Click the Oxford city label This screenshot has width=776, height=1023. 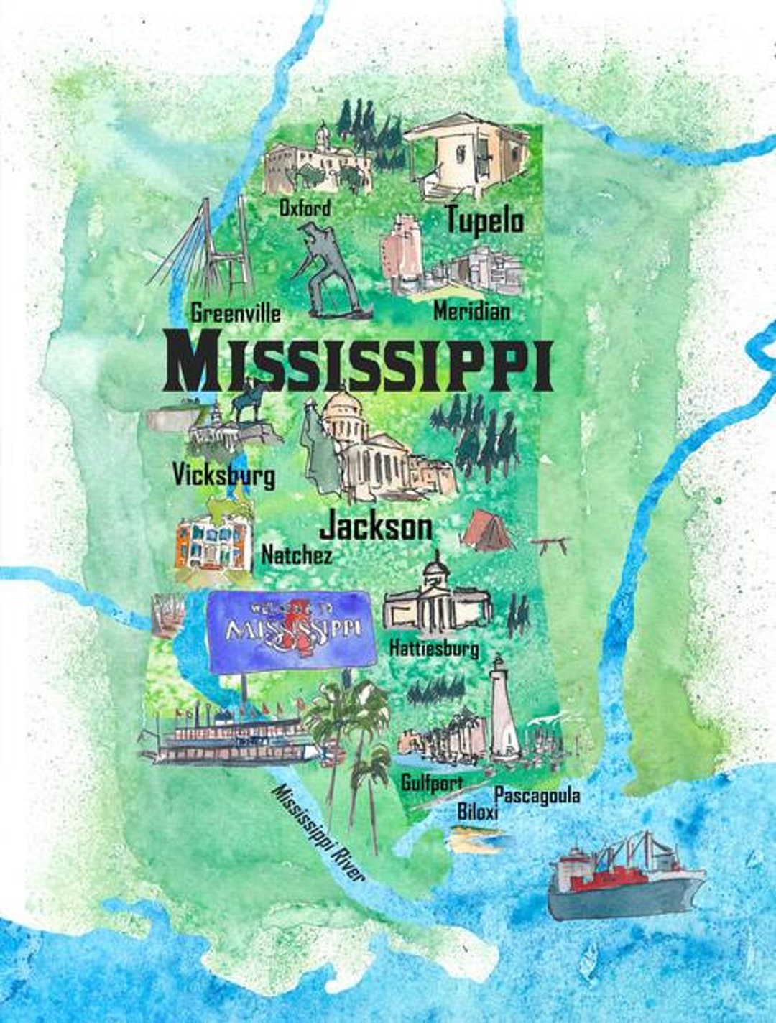coord(305,208)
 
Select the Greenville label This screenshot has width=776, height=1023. coord(236,313)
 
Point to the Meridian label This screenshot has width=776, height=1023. coord(472,311)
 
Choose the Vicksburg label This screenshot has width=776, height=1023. coord(223,475)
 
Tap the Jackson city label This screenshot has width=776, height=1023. coord(376,527)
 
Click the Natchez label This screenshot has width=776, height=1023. coord(296,555)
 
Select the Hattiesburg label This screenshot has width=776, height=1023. coord(434,648)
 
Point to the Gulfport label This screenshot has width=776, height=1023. coord(431,782)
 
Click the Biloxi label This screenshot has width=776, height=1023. coord(478,812)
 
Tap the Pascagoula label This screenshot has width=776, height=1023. coord(537,795)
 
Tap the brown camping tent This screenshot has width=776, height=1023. coord(487,532)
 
